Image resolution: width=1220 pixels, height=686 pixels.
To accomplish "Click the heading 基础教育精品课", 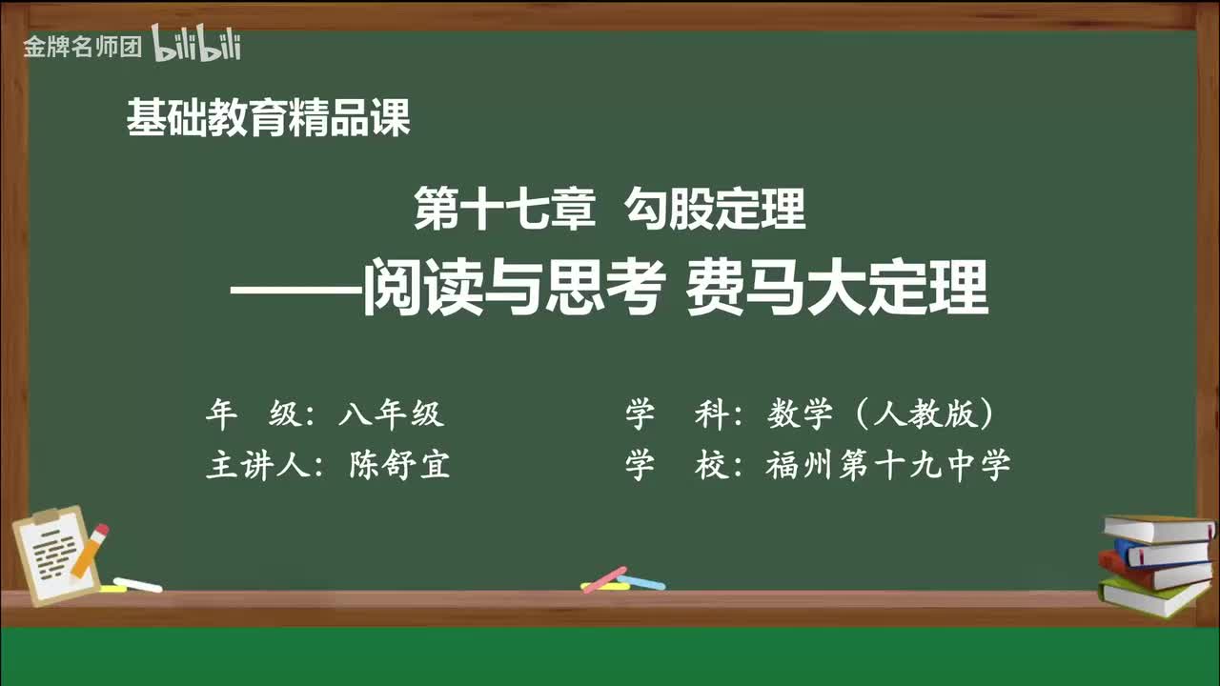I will tap(268, 119).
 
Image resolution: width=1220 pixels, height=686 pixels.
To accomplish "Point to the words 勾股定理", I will tap(716, 210).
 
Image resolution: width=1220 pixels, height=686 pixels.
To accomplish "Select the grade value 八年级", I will tap(391, 414).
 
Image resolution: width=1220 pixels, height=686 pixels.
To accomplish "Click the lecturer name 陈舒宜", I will tap(399, 465).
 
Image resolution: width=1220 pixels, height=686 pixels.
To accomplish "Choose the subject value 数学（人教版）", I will tap(882, 414).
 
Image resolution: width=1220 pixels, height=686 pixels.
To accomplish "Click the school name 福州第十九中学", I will tap(887, 465).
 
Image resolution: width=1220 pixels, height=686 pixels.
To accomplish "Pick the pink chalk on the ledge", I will tap(604, 578).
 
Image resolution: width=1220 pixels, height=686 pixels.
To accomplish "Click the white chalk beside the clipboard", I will tap(138, 584).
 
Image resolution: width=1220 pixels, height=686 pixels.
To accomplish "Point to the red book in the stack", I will tap(1153, 571).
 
